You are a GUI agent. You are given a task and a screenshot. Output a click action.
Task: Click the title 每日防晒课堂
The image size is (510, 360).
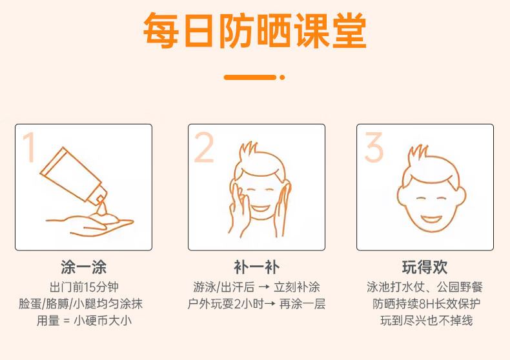[x=255, y=31]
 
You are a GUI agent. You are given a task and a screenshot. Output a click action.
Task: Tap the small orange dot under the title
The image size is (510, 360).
[x=282, y=77]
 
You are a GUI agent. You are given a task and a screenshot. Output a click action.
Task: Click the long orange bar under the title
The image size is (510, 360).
[x=250, y=77]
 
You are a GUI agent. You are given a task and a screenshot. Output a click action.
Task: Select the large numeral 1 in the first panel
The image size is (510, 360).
[x=29, y=146]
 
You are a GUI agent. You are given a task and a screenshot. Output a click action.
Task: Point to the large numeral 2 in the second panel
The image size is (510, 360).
[x=203, y=147]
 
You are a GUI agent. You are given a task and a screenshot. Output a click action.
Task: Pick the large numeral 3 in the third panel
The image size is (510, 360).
[x=374, y=147]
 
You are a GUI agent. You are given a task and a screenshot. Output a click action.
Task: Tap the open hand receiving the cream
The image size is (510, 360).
[x=90, y=224]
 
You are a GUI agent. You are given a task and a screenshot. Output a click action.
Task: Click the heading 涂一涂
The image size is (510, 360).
[x=83, y=267]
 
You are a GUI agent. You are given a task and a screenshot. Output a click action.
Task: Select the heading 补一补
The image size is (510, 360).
[x=256, y=267]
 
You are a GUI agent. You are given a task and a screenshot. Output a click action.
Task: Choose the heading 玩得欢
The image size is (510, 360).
[x=425, y=267]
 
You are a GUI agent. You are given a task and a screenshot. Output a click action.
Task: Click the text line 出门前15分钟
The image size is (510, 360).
[x=84, y=287]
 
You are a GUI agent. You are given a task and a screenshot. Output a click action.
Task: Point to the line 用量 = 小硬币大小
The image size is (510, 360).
[x=84, y=321]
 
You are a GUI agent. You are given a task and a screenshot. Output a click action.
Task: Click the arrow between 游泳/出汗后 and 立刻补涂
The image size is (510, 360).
[x=264, y=287]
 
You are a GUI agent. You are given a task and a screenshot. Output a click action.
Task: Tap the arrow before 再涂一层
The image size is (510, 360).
[x=270, y=304]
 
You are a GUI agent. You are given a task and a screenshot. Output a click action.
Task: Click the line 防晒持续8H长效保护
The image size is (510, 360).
[x=426, y=304]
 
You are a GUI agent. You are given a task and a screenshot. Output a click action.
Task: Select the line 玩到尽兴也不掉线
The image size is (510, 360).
[x=426, y=321]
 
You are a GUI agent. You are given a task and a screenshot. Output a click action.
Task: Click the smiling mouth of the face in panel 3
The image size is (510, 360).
[x=431, y=219]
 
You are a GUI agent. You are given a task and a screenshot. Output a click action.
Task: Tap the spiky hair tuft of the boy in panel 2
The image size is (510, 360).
[x=249, y=150]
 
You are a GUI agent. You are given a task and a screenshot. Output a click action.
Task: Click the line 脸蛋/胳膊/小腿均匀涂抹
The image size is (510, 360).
[x=81, y=304]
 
